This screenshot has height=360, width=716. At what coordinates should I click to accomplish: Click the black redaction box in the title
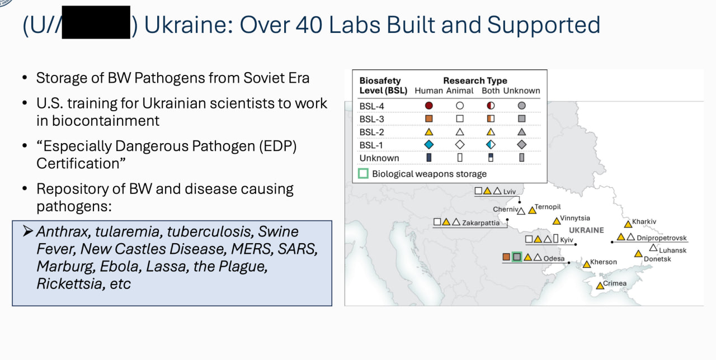pos(96,22)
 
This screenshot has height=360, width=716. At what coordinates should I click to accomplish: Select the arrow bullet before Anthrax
pos(28,231)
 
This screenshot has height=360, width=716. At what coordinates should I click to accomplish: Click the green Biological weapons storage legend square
pos(363,173)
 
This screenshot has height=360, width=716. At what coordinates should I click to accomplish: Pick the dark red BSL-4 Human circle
pos(429,106)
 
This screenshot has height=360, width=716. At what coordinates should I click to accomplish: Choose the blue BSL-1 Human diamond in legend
pos(429,145)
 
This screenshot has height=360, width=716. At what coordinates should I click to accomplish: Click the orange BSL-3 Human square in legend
pos(429,119)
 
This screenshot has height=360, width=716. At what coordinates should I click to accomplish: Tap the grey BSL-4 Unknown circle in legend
pos(522,106)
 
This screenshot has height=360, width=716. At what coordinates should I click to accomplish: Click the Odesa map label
pos(554,258)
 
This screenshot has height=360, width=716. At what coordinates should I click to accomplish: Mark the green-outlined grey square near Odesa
pos(517,257)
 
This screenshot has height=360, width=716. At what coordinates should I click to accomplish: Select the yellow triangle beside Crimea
pos(600,285)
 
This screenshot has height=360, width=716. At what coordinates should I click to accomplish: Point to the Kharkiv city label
pos(644,221)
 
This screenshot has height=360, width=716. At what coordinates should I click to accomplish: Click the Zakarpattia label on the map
pos(481,222)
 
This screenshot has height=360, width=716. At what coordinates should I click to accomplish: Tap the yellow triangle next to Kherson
pos(587,264)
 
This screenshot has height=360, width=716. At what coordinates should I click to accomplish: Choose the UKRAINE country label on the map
pos(587,230)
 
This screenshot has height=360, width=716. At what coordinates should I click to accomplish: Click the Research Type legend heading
pos(475,80)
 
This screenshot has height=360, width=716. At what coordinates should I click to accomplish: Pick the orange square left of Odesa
pos(506,257)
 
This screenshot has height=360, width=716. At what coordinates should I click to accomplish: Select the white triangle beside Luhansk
pos(653,248)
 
